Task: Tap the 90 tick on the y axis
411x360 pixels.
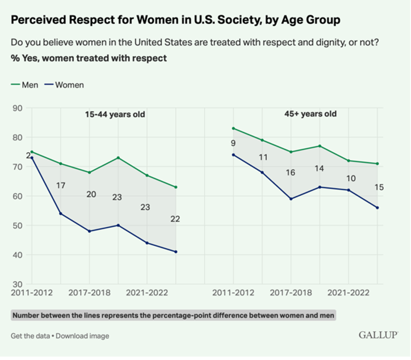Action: (17, 108)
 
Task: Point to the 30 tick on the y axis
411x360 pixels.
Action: (17, 284)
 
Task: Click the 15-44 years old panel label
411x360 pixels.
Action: (115, 114)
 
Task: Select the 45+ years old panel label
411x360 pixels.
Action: (311, 114)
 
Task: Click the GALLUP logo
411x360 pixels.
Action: (378, 335)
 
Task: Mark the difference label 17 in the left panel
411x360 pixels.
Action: (60, 185)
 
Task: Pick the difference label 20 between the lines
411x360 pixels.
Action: (91, 194)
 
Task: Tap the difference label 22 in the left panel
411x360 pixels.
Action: (175, 219)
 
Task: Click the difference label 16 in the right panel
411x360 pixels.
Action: (290, 173)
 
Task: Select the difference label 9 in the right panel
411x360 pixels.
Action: (233, 143)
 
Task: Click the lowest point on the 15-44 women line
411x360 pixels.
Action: (176, 252)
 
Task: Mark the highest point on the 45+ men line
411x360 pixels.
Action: (233, 128)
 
